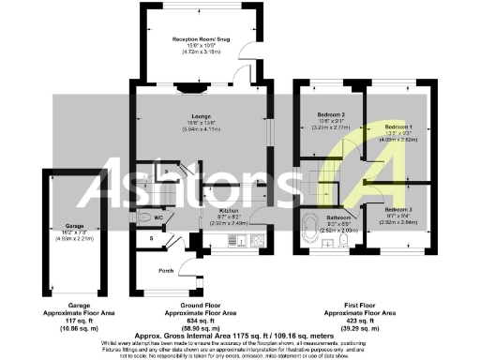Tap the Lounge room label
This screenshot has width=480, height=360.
click(x=194, y=116)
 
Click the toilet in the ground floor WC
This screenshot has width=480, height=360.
click(x=142, y=218)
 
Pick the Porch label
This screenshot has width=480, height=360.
click(x=166, y=272)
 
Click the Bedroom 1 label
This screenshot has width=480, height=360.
click(x=399, y=126)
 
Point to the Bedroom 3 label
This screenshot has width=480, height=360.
click(x=397, y=209)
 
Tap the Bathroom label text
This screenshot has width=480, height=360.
click(x=337, y=216)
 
